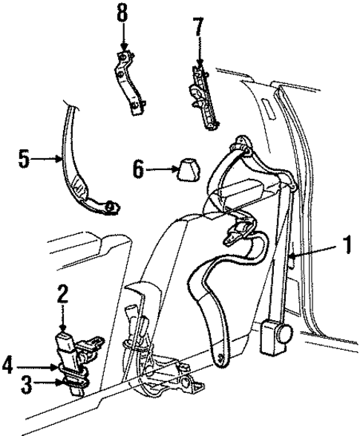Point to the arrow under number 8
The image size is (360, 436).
coord(122,41)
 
